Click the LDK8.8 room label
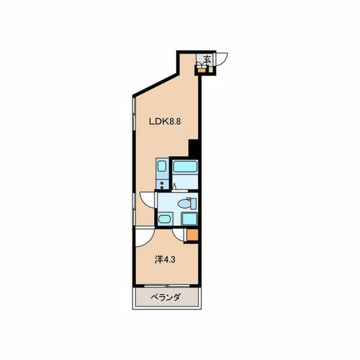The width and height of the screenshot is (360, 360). pos(165,121)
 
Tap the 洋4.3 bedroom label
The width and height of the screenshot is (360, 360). pos(165,259)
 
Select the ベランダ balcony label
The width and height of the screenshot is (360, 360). pos(166,298)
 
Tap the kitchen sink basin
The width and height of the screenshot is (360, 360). pos(162,166)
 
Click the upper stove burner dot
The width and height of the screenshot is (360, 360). pos(162,183)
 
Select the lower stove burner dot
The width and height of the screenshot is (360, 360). pos(162,188)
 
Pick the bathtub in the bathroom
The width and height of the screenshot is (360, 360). pos(185,166)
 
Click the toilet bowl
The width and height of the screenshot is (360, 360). pos(184,203)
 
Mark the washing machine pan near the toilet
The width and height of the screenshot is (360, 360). pos(190,218)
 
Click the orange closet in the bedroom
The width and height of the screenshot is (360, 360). pos(193,235)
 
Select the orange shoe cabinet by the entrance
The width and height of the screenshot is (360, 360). pos(202,70)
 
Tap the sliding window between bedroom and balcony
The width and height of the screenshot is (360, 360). pos(167,286)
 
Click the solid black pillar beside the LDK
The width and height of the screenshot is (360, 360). pos(193,148)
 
